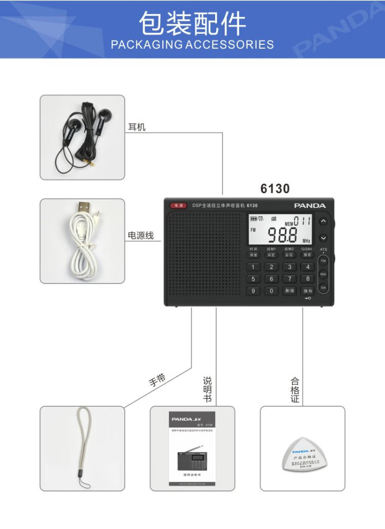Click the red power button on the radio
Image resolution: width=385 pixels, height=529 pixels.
(179, 205)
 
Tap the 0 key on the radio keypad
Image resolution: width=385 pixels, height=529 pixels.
(271, 291)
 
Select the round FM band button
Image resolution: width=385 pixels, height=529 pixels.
(323, 261)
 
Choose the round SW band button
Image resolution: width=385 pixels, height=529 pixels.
(323, 288)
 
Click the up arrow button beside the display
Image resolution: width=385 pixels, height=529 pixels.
(323, 221)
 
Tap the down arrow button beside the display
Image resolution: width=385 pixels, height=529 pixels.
(323, 238)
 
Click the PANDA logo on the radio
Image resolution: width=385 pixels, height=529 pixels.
(310, 205)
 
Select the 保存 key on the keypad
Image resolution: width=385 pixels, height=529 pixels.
(307, 291)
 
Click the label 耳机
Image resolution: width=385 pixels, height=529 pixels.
(137, 126)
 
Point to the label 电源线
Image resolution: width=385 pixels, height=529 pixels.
(141, 236)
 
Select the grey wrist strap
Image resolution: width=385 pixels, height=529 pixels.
(83, 442)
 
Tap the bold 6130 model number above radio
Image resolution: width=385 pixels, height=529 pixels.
(275, 189)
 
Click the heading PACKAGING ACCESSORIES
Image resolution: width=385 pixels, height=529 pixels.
(192, 44)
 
